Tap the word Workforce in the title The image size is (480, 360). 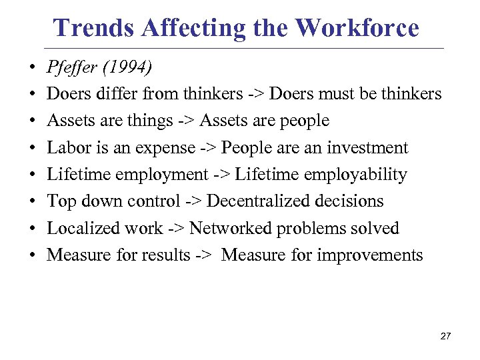[357, 28]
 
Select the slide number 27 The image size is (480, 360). [445, 336]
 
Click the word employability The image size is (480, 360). [355, 175]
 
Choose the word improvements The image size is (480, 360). [370, 255]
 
